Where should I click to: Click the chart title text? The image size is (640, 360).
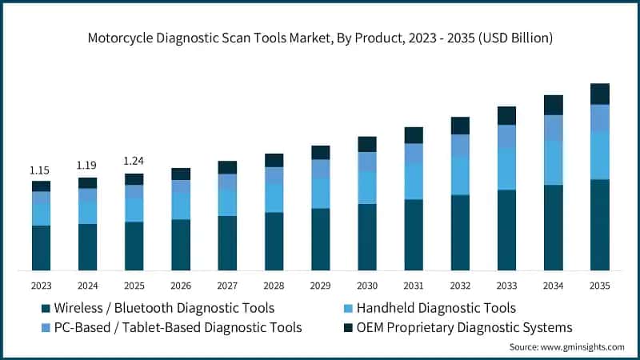click(x=320, y=38)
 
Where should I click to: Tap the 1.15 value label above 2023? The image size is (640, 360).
click(x=40, y=170)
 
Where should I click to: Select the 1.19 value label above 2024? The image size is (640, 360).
click(x=86, y=166)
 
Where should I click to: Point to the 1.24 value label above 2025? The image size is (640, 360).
click(x=134, y=162)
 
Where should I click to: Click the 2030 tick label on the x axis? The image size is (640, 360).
click(x=367, y=286)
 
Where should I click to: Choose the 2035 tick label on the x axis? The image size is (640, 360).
click(x=599, y=286)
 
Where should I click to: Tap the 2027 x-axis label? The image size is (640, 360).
click(x=227, y=286)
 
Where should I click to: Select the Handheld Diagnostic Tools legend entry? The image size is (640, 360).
click(x=436, y=308)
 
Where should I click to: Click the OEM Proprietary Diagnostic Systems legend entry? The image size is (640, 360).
click(x=464, y=327)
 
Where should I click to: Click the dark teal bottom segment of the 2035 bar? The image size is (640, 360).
click(x=599, y=225)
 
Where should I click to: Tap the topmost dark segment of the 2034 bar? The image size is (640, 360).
click(x=553, y=105)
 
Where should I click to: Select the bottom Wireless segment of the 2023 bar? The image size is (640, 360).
click(x=41, y=248)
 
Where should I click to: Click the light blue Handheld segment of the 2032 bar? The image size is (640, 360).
click(x=460, y=175)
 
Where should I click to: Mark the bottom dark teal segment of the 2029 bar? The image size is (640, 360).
click(x=320, y=239)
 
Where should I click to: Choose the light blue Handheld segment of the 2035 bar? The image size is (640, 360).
click(x=599, y=155)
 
